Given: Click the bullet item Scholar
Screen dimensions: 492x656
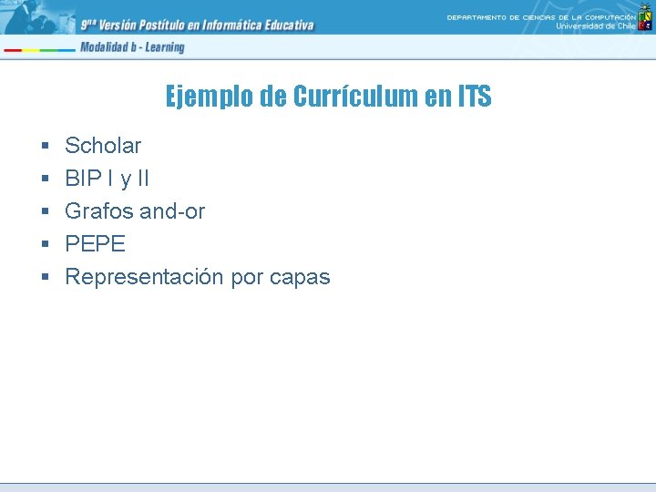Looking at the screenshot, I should [103, 146].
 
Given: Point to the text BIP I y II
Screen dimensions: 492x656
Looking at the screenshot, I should [108, 179].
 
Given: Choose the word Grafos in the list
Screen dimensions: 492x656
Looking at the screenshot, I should [98, 211].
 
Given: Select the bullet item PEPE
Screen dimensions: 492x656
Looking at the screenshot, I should [95, 244].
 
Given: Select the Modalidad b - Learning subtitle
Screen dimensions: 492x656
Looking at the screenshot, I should [132, 47].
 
